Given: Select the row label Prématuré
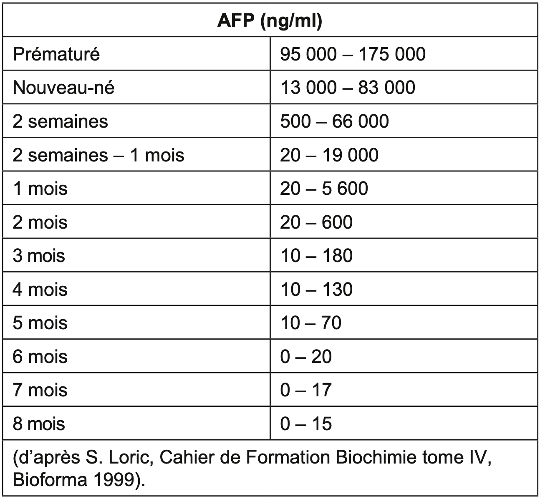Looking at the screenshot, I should pyautogui.click(x=56, y=54).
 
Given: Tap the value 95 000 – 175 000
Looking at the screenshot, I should pyautogui.click(x=353, y=54).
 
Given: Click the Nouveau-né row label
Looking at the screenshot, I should pyautogui.click(x=63, y=88).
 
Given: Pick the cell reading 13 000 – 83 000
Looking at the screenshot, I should pyautogui.click(x=348, y=88).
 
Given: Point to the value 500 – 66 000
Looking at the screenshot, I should pyautogui.click(x=334, y=121).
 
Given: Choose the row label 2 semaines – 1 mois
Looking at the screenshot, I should pyautogui.click(x=98, y=155).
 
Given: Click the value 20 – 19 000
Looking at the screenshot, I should pyautogui.click(x=329, y=155).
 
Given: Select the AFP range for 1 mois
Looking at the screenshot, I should pyautogui.click(x=324, y=189).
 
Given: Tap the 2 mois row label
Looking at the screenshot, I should pyautogui.click(x=40, y=222).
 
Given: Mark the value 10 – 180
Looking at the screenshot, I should pyautogui.click(x=316, y=256).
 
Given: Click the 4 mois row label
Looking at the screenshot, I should pyautogui.click(x=40, y=290).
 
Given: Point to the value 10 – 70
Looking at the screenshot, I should pyautogui.click(x=310, y=323).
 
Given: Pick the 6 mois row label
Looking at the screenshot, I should pyautogui.click(x=40, y=357).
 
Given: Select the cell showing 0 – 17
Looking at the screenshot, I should pyautogui.click(x=305, y=390).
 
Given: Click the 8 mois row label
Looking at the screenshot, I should pyautogui.click(x=39, y=424).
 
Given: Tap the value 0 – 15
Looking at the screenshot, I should pyautogui.click(x=305, y=424).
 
